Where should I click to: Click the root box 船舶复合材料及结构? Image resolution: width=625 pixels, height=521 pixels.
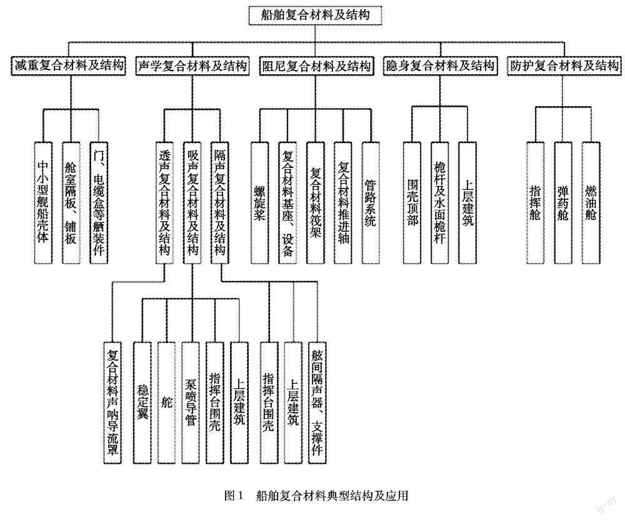[x=314, y=14]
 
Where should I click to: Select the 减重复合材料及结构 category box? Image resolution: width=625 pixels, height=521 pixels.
[x=68, y=66]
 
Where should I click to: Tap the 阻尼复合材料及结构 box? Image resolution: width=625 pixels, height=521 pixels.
[x=316, y=66]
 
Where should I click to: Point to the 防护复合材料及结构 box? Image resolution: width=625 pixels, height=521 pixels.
[x=564, y=66]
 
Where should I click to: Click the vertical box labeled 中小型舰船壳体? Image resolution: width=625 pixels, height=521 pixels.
[x=44, y=201]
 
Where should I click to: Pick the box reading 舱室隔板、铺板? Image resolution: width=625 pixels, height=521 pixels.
[x=72, y=201]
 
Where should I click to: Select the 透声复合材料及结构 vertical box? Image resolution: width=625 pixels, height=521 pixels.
[x=164, y=201]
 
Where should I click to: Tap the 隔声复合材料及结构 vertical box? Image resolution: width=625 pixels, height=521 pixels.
[x=220, y=201]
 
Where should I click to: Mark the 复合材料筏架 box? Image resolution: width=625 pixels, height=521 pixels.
[x=316, y=201]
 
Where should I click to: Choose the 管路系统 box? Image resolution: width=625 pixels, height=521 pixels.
[x=370, y=201]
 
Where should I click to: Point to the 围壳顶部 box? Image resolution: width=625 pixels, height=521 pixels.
[x=412, y=201]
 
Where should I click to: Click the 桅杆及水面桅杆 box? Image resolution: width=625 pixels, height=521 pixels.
[x=440, y=201]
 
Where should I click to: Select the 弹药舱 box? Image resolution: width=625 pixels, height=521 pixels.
[x=563, y=201]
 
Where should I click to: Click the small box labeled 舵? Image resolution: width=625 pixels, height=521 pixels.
[x=166, y=402]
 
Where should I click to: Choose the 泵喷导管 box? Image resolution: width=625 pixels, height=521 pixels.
[x=191, y=402]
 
